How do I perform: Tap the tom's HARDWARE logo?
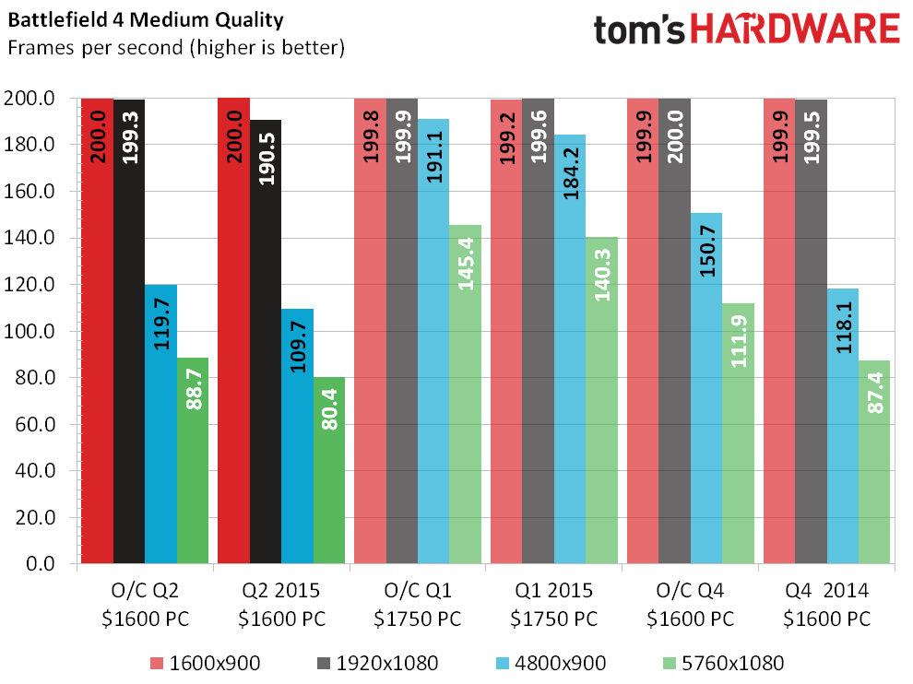tap(746, 29)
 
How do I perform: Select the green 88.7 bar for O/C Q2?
tap(193, 461)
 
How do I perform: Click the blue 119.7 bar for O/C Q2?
tap(160, 424)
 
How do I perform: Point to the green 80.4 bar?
tap(329, 470)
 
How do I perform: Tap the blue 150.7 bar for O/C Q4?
tap(706, 387)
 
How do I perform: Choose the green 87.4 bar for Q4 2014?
tap(874, 461)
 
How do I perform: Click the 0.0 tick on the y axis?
tap(45, 563)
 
